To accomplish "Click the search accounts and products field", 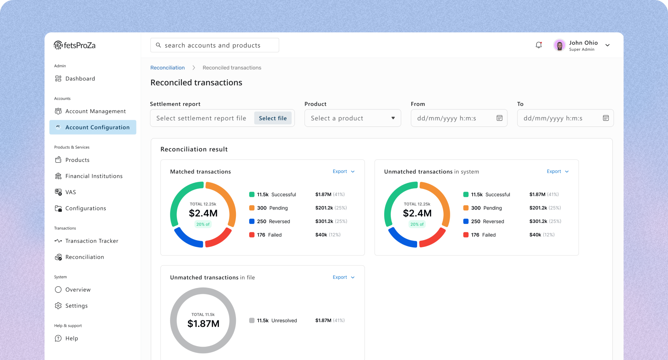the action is point(214,45).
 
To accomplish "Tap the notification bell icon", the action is point(539,45).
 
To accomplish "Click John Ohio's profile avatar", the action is point(559,45).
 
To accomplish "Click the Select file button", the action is point(273,118).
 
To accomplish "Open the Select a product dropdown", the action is point(353,118).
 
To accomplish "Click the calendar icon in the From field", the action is point(499,118).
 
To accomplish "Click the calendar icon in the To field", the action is point(606,118).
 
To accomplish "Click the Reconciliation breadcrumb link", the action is point(167,68).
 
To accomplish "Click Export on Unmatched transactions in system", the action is point(558,172).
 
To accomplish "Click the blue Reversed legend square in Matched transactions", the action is point(252,221).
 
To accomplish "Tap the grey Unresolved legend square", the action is point(252,321).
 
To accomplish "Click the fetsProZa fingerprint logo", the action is point(58,45).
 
